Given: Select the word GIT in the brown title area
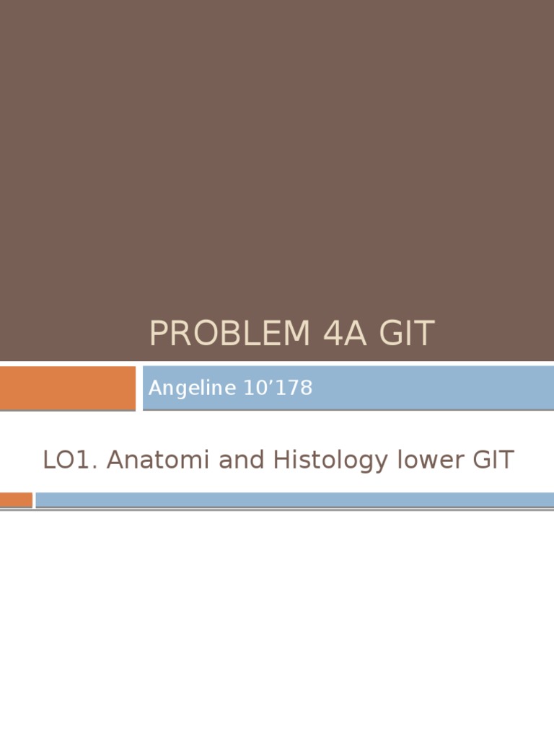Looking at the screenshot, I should [x=405, y=334].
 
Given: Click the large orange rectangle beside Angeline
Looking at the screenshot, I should [x=67, y=388].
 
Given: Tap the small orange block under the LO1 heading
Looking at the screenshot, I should [x=16, y=499].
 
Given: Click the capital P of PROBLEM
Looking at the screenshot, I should [x=159, y=334].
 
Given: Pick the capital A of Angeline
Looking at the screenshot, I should [x=154, y=388].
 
